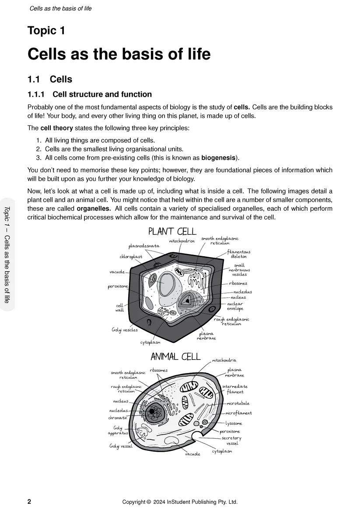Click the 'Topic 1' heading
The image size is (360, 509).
tap(46, 31)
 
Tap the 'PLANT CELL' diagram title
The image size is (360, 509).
tap(172, 231)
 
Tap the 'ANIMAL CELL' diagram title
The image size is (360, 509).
tap(175, 357)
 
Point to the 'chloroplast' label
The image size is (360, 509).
tap(131, 257)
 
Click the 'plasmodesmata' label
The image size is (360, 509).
tap(144, 246)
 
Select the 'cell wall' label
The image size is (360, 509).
tap(119, 308)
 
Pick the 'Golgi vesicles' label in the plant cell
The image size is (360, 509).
tap(125, 330)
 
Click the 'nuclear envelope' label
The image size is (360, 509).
tap(235, 306)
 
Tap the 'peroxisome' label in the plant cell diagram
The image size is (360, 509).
tap(118, 287)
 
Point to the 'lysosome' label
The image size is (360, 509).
tap(234, 423)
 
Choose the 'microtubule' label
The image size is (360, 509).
tap(238, 403)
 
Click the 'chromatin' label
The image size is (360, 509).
tap(118, 418)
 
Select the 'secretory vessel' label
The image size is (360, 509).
tap(231, 440)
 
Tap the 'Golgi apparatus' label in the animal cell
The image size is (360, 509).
tap(118, 430)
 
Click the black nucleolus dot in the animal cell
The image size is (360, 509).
tap(152, 411)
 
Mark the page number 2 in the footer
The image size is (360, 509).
tap(29, 502)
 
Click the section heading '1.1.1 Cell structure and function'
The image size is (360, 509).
tap(90, 94)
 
